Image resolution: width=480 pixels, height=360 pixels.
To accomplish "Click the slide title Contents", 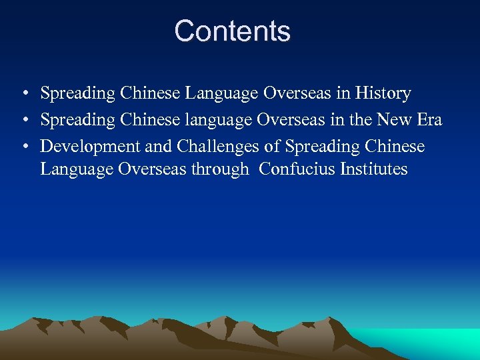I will [x=232, y=31].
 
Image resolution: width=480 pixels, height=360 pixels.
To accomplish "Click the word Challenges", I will [x=217, y=146].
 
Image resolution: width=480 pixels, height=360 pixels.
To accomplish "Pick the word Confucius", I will [x=297, y=169].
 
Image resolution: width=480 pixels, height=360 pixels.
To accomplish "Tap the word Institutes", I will [x=373, y=169].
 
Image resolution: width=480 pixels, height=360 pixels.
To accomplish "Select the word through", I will [x=219, y=170].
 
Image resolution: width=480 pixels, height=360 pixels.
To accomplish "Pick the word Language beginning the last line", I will [x=77, y=170].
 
